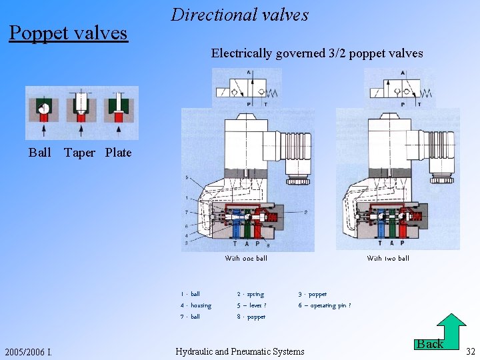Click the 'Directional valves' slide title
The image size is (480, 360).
[x=239, y=15]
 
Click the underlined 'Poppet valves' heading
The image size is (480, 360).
[x=68, y=32]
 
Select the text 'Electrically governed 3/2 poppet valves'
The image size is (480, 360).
[x=317, y=53]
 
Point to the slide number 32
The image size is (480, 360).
[x=470, y=351]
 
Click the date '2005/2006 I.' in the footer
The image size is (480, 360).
[x=29, y=352]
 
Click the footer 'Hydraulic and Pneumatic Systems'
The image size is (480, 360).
[x=239, y=351]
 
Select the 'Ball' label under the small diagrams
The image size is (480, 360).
[x=40, y=153]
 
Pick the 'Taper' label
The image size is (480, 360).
[x=79, y=153]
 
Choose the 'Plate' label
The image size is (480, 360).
[x=119, y=153]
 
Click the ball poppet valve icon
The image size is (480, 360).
[x=43, y=112]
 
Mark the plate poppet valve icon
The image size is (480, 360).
[x=119, y=112]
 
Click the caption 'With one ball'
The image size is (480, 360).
[x=245, y=258]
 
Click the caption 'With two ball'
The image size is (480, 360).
[x=388, y=258]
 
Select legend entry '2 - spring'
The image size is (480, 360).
[x=251, y=294]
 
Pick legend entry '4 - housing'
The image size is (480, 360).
[x=196, y=305]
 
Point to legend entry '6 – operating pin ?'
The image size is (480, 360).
[x=325, y=305]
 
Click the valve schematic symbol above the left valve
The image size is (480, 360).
[x=247, y=88]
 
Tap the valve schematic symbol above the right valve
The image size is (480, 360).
[x=399, y=88]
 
